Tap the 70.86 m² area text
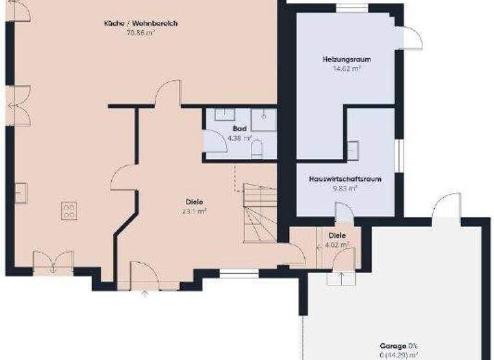[141, 32]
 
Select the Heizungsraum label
[347, 59]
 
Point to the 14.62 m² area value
[347, 67]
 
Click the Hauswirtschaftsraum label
[345, 179]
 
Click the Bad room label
[240, 129]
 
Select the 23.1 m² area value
[195, 210]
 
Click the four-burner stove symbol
[69, 211]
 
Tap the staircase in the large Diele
[260, 213]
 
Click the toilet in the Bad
[257, 150]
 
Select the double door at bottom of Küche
[53, 262]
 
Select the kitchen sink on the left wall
[21, 192]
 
